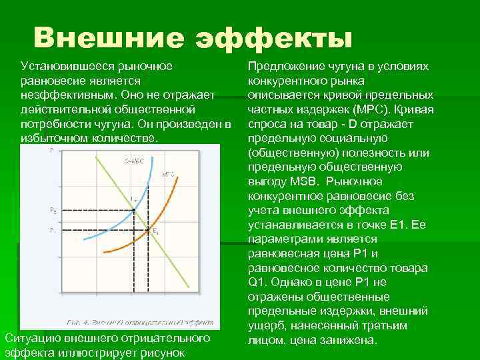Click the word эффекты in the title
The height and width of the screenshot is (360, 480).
click(x=273, y=38)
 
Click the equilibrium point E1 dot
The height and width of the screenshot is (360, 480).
click(x=148, y=231)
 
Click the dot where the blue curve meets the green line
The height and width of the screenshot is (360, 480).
click(x=133, y=210)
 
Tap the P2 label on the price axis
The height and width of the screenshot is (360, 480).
click(x=53, y=210)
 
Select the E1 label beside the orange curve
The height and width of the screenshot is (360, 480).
click(x=155, y=231)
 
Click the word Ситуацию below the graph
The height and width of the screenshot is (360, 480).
click(x=31, y=338)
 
